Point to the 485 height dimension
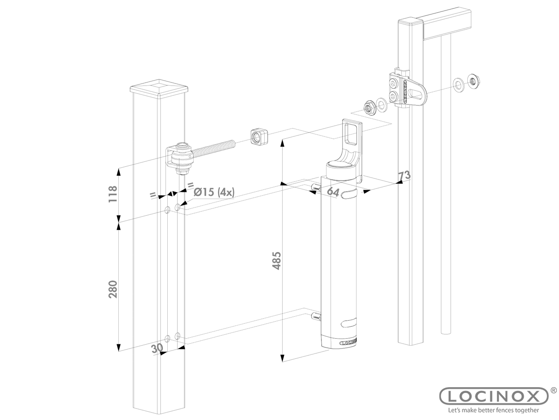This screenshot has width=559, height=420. tap(276, 260)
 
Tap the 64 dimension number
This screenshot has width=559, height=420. tap(333, 192)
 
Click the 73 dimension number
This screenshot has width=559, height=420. tap(404, 176)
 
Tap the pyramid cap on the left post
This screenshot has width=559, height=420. tap(159, 87)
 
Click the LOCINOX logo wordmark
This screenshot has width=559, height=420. tap(493, 396)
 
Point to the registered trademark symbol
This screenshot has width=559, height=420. tap(553, 389)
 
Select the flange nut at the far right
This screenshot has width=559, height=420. tap(472, 80)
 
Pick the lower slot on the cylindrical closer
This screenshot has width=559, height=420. tap(349, 323)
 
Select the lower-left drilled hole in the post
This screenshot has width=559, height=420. tap(168, 338)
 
